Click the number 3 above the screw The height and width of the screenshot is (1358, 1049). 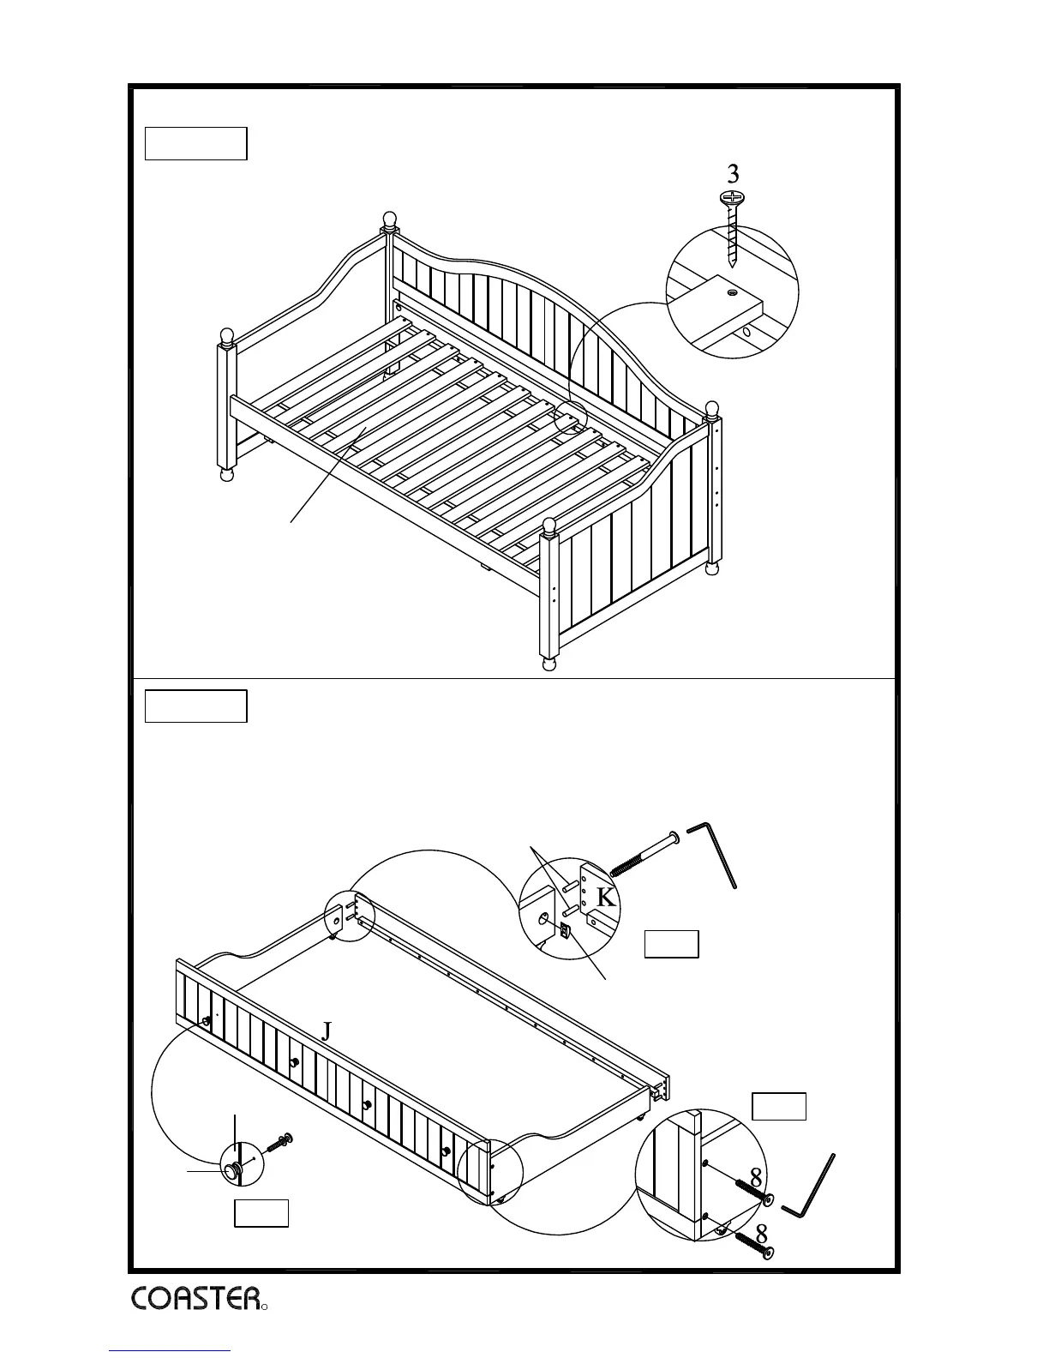733,174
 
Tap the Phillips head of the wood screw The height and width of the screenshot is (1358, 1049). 731,198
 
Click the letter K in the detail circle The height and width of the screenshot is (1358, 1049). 606,898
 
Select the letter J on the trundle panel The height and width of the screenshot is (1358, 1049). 326,1031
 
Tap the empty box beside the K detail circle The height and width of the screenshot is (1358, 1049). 671,943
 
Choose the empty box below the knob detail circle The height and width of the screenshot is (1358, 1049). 261,1213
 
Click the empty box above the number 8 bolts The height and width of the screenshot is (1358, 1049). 779,1106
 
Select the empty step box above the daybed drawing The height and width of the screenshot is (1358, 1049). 195,143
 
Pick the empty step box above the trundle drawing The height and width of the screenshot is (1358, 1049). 195,706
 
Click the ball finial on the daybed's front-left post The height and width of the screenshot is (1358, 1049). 226,335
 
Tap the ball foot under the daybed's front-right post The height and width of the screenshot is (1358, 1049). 549,664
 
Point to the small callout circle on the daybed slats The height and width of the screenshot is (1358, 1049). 570,418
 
